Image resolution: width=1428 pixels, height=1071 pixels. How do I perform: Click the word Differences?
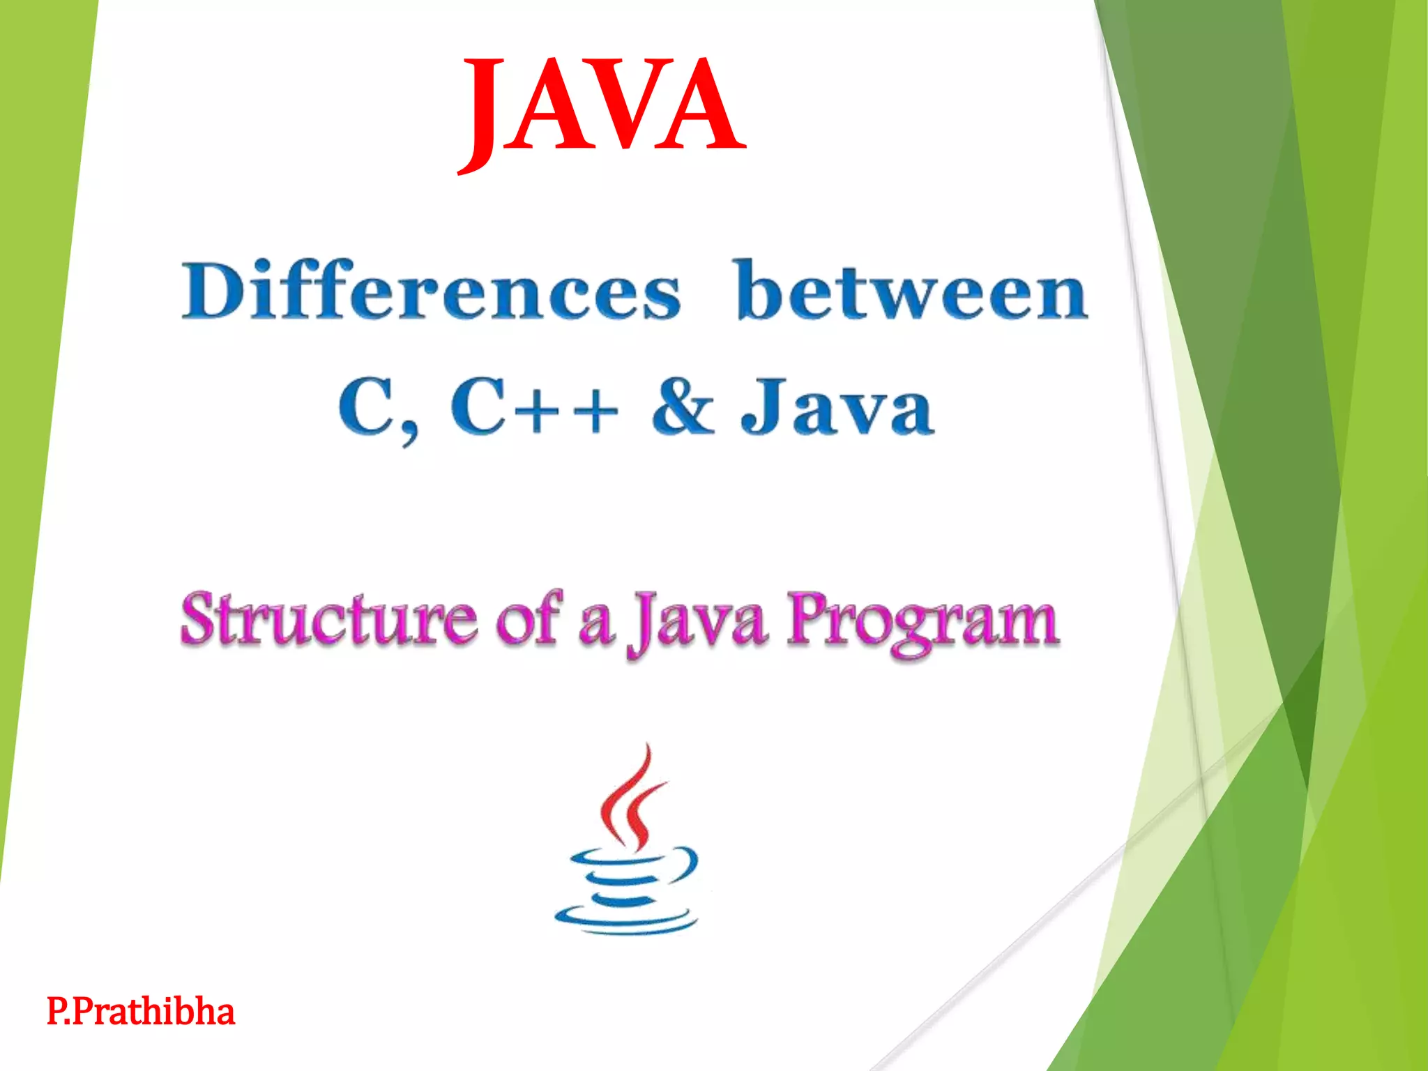click(x=430, y=291)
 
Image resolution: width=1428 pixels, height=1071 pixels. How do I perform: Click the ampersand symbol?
click(x=683, y=407)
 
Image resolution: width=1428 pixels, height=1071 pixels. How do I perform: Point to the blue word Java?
click(x=837, y=407)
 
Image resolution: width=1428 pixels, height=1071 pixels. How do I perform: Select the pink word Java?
click(x=697, y=621)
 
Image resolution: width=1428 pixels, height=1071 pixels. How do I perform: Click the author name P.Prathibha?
click(x=141, y=1012)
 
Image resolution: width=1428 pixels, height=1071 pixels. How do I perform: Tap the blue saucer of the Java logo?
click(x=625, y=919)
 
